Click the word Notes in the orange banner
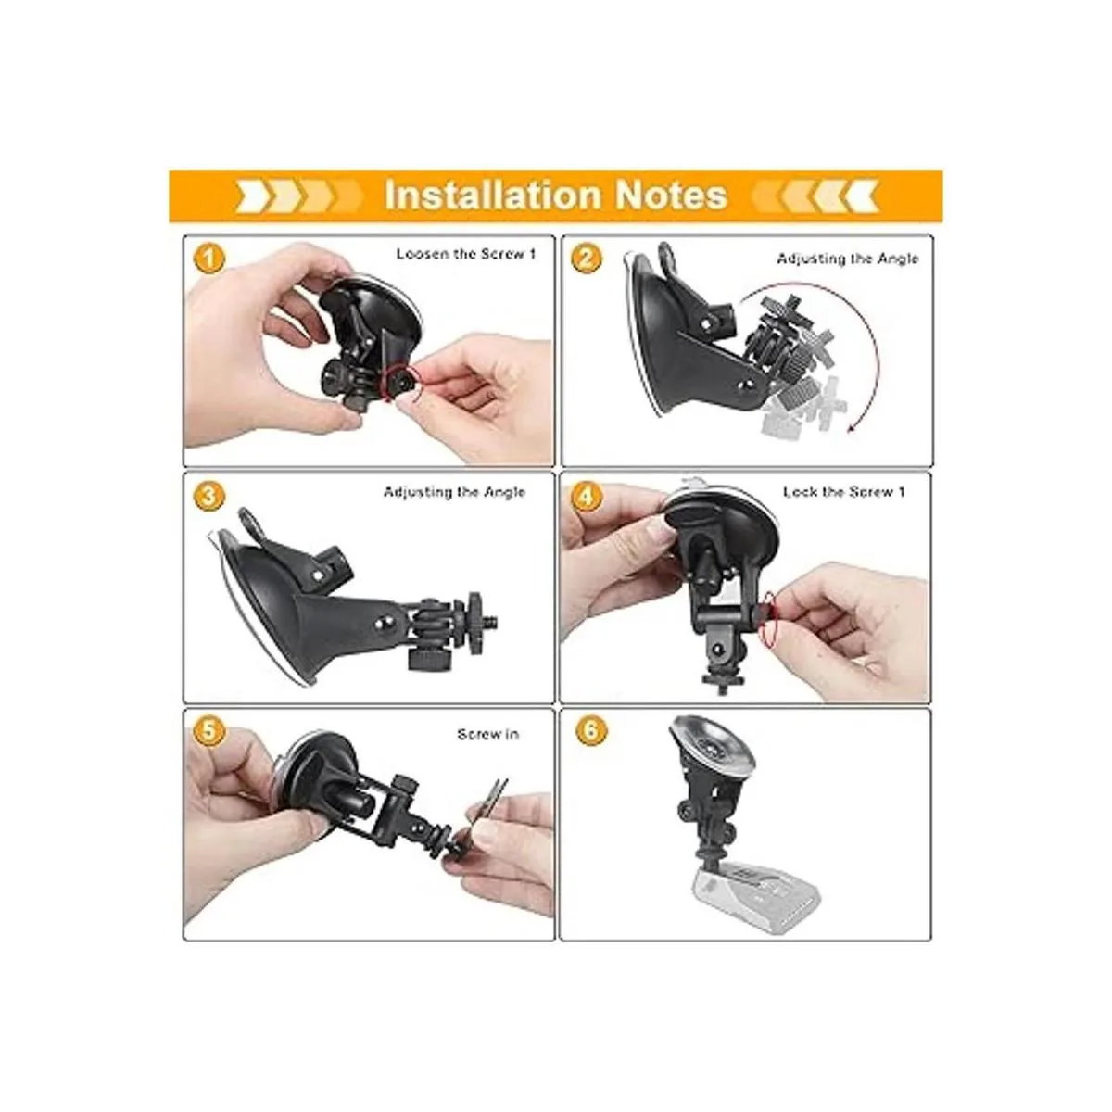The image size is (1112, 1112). [x=671, y=195]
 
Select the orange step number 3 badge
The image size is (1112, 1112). [x=208, y=497]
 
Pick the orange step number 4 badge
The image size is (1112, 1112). [x=587, y=497]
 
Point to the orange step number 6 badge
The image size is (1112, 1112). [x=591, y=732]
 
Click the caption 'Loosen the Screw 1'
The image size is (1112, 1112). [x=466, y=254]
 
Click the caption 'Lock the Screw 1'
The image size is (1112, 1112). [x=843, y=492]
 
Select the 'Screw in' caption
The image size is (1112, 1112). [x=487, y=735]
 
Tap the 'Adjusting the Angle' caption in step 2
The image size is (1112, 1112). [x=847, y=259]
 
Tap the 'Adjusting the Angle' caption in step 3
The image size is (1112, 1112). [x=454, y=492]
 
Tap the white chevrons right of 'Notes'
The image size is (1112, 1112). [x=815, y=196]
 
